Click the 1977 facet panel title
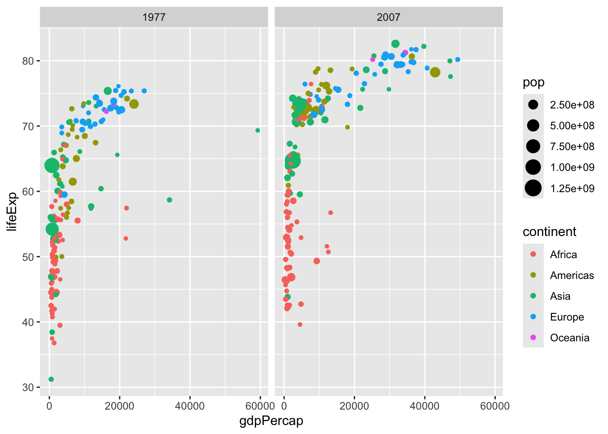click(154, 17)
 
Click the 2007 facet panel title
click(388, 17)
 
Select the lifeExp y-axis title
click(12, 211)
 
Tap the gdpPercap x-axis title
click(271, 421)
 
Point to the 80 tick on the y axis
click(28, 61)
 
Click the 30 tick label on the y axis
click(28, 387)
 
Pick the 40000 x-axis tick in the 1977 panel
click(190, 406)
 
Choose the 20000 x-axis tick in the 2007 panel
click(354, 406)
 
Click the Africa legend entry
click(563, 255)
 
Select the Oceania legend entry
click(569, 338)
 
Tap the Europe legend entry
click(566, 317)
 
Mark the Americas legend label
click(572, 275)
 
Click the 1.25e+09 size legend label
click(572, 189)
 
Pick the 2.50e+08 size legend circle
click(533, 105)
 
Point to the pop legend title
click(533, 83)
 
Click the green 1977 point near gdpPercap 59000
click(258, 130)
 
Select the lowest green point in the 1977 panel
click(51, 379)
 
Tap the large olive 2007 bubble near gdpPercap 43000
click(435, 72)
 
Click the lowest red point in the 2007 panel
click(300, 325)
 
